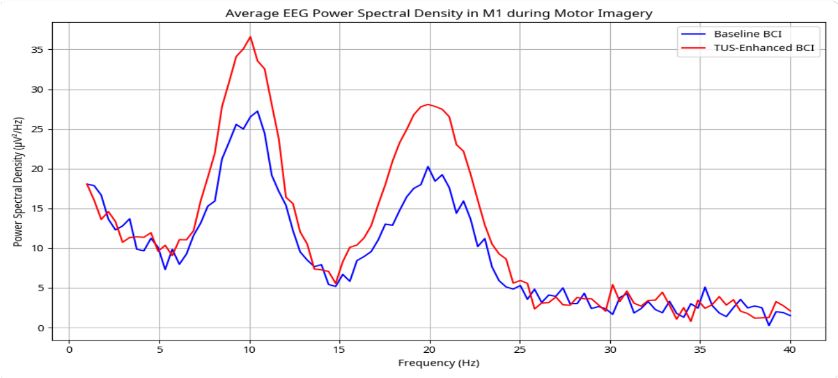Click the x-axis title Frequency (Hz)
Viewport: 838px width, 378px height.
coord(438,363)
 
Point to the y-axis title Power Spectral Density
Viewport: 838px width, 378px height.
coord(19,183)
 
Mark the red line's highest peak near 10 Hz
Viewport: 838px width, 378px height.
coord(250,37)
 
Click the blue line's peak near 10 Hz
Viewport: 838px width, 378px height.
coord(257,111)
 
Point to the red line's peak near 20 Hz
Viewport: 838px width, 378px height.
coord(428,104)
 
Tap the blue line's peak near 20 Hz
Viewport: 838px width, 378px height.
coord(428,167)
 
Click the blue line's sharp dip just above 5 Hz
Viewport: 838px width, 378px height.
coord(165,269)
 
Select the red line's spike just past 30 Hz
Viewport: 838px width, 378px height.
coord(613,285)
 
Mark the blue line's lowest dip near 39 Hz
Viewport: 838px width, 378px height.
coord(769,325)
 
